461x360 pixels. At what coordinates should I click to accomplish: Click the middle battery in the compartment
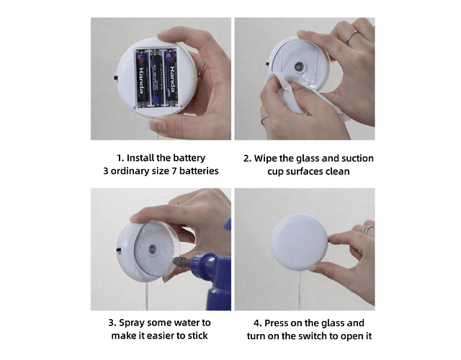coord(156,78)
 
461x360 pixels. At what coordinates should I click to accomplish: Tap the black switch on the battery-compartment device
coord(116,78)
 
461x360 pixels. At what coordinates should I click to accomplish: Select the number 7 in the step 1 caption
coord(174,171)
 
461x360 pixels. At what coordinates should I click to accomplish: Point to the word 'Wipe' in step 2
coord(266,158)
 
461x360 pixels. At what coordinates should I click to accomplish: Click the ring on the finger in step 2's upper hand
coord(352,37)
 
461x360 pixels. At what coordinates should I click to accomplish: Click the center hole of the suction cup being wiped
coord(300,66)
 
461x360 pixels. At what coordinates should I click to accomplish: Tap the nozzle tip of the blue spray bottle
coord(176,261)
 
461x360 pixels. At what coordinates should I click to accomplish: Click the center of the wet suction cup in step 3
coord(153,250)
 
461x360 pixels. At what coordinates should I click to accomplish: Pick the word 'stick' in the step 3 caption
coord(197,336)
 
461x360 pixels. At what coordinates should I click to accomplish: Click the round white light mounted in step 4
coord(300,242)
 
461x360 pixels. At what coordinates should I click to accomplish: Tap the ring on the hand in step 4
coord(367,229)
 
